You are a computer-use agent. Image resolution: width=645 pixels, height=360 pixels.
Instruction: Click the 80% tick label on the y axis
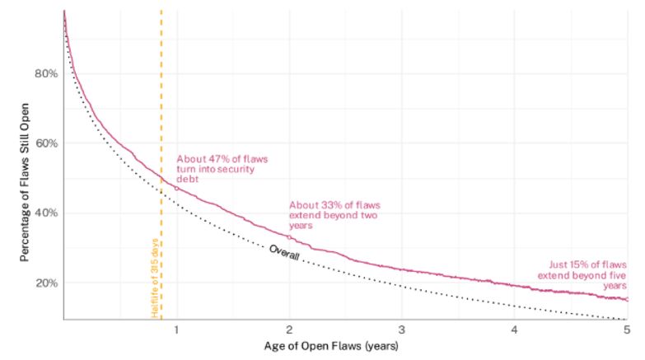[x=46, y=73]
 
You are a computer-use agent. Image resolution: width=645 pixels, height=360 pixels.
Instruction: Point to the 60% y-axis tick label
[x=46, y=143]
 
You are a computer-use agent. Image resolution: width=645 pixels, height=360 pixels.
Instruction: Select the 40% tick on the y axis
[x=46, y=213]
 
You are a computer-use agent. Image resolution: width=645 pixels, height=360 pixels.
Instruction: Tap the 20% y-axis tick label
[x=46, y=283]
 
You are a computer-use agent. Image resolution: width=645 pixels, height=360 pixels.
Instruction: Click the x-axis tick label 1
[x=176, y=330]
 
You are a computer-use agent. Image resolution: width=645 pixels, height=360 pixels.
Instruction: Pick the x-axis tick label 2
[x=289, y=330]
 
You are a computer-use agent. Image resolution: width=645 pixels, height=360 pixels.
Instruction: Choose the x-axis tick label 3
[x=401, y=330]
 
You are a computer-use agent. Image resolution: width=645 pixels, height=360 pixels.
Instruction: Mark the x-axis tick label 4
[x=514, y=330]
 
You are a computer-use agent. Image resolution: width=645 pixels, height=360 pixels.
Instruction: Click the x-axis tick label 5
[x=627, y=330]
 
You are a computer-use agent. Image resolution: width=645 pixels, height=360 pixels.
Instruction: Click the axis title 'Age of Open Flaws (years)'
[x=331, y=346]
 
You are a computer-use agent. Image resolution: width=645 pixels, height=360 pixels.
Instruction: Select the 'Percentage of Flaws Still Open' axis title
[x=24, y=182]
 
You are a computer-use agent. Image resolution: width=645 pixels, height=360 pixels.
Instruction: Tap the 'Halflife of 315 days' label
[x=155, y=278]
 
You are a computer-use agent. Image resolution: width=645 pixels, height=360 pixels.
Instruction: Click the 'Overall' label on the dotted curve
[x=284, y=252]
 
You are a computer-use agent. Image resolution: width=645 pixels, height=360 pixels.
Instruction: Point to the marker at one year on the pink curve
[x=177, y=189]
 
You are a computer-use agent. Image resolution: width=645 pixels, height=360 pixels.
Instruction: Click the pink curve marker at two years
[x=289, y=237]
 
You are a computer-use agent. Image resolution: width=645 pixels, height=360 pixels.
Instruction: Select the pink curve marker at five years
[x=627, y=299]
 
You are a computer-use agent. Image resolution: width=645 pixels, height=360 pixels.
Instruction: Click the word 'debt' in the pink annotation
[x=188, y=179]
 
